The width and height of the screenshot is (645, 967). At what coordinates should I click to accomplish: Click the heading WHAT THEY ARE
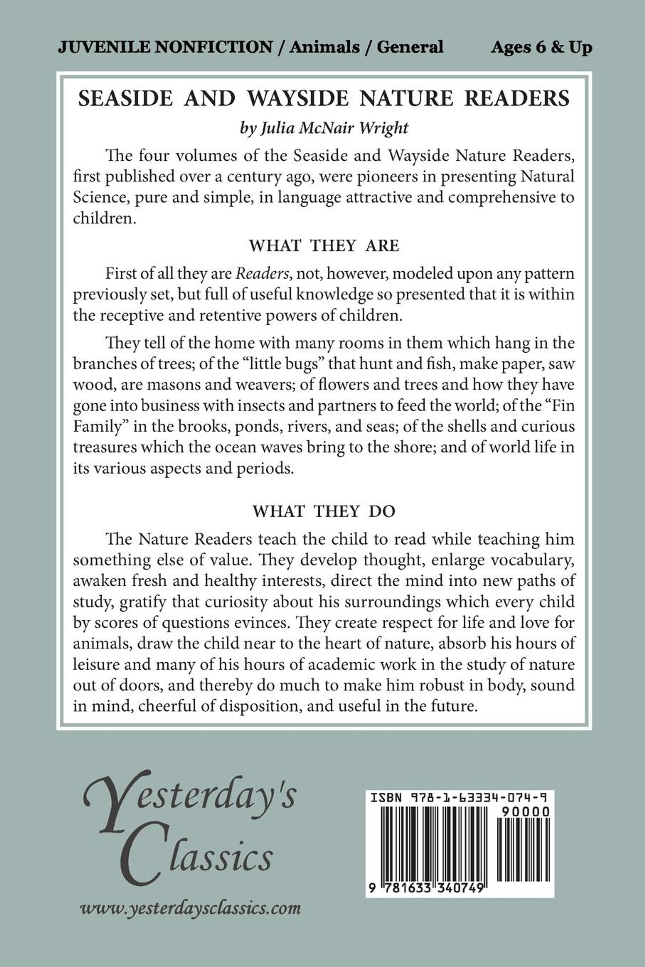click(324, 246)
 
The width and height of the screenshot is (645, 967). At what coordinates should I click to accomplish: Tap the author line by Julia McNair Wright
click(324, 128)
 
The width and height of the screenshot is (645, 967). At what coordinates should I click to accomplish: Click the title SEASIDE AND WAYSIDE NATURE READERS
click(324, 99)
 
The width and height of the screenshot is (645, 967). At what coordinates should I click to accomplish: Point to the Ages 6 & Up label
click(541, 47)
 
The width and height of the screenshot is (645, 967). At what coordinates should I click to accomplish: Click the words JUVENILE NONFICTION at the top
click(164, 47)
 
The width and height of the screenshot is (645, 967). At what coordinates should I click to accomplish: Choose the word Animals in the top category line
click(324, 47)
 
